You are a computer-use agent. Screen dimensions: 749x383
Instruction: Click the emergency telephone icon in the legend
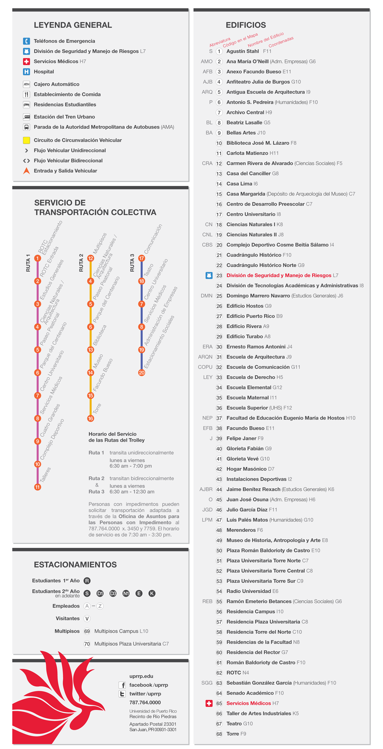26,41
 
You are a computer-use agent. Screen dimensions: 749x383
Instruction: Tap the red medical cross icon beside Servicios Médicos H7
26,61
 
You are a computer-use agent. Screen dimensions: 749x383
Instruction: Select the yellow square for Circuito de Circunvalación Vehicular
26,140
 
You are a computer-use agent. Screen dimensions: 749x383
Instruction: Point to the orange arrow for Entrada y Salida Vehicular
26,171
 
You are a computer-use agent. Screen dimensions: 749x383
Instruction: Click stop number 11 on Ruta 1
38,487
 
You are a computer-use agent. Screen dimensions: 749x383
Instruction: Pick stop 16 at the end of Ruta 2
91,418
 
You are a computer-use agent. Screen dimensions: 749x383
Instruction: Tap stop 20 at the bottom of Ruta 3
142,373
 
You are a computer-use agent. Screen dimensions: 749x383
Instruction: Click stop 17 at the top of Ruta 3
142,258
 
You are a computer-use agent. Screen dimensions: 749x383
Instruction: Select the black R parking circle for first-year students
87,581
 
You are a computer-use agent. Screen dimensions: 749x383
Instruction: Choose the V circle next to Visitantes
87,619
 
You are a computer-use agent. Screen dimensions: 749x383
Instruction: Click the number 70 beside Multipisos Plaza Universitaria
87,644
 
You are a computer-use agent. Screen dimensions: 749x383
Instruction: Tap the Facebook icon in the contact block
122,685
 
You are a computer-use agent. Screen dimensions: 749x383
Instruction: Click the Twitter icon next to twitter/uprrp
122,694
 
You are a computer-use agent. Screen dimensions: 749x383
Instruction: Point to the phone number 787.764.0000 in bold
145,703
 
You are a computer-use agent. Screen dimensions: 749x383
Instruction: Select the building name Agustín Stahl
243,51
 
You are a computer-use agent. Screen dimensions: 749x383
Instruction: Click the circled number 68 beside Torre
219,734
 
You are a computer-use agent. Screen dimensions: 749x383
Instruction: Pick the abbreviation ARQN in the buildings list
205,357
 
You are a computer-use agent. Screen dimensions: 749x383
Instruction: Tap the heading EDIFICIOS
246,25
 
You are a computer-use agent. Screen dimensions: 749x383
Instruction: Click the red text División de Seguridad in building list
279,275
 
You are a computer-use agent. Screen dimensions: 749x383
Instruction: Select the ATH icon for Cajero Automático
26,84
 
